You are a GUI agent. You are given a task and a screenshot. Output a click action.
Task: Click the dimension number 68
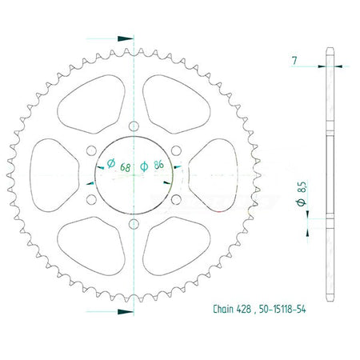126,167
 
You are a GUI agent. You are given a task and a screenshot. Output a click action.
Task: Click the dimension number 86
158,165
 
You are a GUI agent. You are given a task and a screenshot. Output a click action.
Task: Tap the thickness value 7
294,61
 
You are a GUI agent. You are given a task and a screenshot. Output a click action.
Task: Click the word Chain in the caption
223,309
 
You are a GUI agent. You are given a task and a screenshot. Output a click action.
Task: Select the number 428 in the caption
244,309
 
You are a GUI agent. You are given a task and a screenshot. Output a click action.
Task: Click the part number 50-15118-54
282,309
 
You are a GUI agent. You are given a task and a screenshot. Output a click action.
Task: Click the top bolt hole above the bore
134,126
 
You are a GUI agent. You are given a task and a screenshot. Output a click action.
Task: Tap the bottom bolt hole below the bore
134,224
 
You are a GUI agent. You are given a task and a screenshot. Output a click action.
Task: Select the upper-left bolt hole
91,150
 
